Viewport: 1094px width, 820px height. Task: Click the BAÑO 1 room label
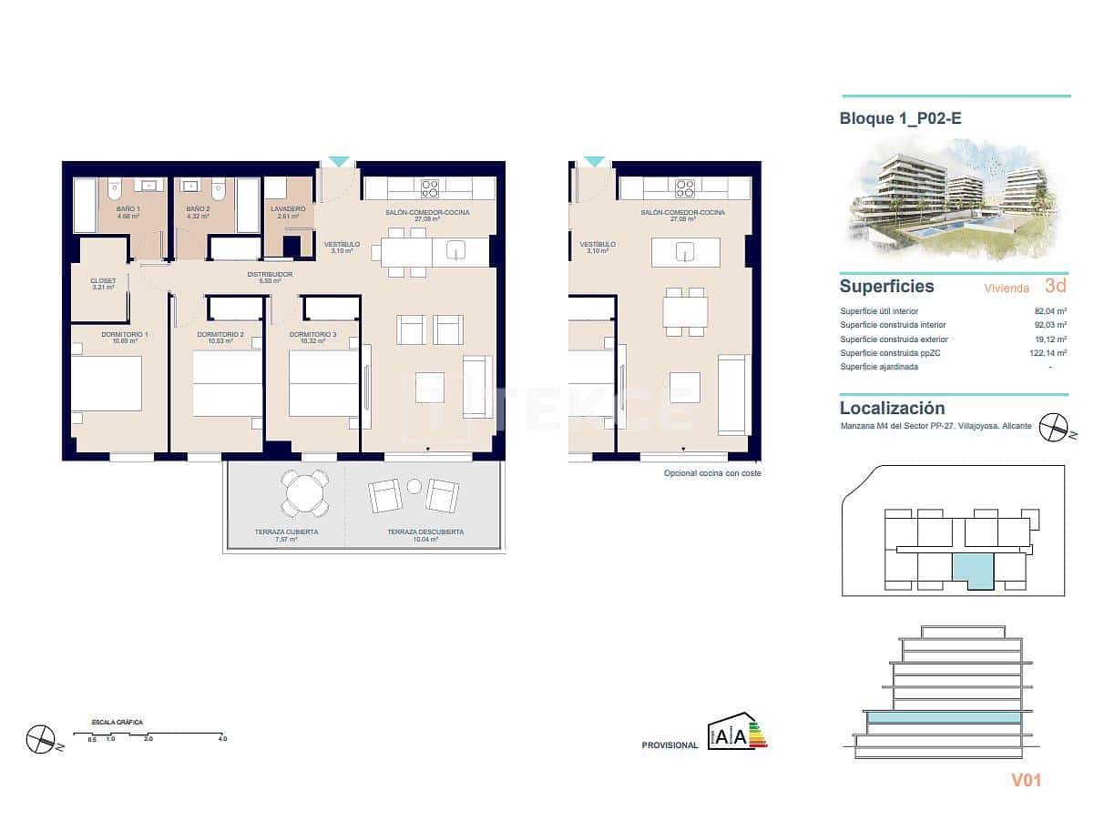coord(128,208)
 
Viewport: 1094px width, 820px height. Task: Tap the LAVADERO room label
coord(288,208)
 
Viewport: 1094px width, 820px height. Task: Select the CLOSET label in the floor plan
coord(103,280)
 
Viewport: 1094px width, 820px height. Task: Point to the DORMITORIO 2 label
coord(220,334)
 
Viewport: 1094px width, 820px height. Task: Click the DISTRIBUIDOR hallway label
coord(270,273)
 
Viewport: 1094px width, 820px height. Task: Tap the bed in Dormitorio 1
coord(107,383)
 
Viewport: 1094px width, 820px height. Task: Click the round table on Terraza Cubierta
coord(305,492)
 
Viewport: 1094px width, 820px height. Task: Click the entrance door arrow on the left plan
coord(338,162)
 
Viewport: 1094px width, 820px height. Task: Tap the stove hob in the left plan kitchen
coord(430,188)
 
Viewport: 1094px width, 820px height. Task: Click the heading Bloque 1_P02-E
coord(900,117)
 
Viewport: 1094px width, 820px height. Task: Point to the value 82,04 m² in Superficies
coord(1049,310)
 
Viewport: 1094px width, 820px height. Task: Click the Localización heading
coord(892,409)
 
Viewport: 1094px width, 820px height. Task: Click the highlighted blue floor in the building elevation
coord(943,718)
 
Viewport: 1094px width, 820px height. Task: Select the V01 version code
coord(1026,779)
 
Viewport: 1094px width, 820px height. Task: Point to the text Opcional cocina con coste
coord(712,473)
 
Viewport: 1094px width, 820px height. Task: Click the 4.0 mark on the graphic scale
coord(222,739)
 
